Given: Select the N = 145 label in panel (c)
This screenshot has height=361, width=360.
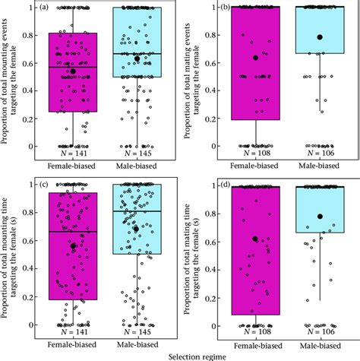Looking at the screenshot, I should tap(137, 331).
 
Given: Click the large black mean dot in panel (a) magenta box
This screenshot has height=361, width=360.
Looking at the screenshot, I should tap(73, 71).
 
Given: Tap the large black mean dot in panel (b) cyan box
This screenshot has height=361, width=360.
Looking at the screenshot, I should tap(320, 37).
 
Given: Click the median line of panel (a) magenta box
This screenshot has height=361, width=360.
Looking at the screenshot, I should tap(73, 67).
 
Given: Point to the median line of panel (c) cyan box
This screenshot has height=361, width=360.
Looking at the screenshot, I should tap(137, 211).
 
